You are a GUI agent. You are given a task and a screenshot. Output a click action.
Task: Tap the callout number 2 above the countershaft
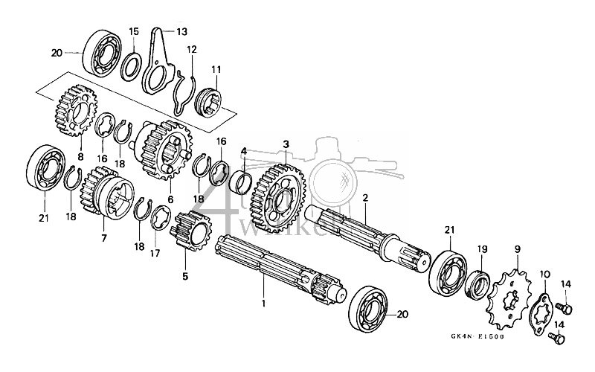pos(365,198)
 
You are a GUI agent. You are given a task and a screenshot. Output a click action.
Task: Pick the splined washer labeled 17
pos(161,221)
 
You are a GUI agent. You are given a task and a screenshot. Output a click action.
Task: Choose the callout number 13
pos(181,31)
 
